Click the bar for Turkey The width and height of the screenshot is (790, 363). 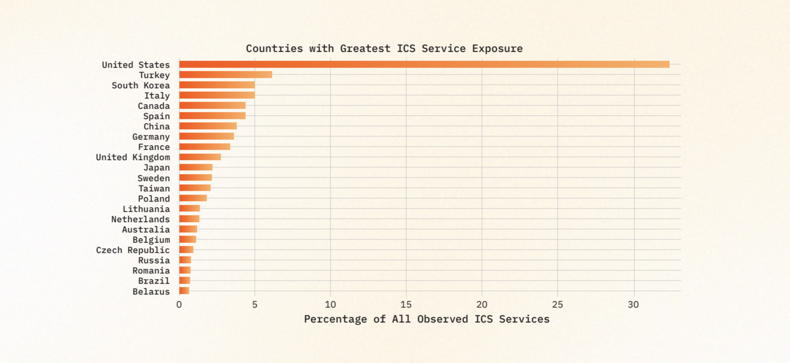pyautogui.click(x=225, y=75)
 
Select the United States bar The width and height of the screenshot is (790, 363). pyautogui.click(x=424, y=64)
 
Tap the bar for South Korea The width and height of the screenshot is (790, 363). pyautogui.click(x=217, y=85)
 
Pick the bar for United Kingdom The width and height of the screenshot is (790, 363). pyautogui.click(x=200, y=157)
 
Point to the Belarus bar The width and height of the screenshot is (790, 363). pyautogui.click(x=184, y=291)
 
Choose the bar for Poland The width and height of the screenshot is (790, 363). pyautogui.click(x=193, y=198)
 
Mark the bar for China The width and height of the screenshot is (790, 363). pyautogui.click(x=208, y=126)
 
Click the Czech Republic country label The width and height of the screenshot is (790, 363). pyautogui.click(x=133, y=250)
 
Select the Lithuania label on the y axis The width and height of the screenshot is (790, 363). pyautogui.click(x=146, y=209)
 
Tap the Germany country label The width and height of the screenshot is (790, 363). pyautogui.click(x=151, y=137)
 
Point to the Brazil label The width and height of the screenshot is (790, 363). pyautogui.click(x=153, y=281)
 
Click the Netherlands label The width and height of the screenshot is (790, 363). pyautogui.click(x=140, y=219)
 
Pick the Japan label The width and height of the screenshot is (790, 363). pyautogui.click(x=156, y=168)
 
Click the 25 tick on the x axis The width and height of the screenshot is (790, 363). pyautogui.click(x=557, y=305)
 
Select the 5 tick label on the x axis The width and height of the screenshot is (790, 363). pyautogui.click(x=255, y=305)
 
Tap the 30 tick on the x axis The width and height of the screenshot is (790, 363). pyautogui.click(x=633, y=305)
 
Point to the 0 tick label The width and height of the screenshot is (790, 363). pyautogui.click(x=179, y=305)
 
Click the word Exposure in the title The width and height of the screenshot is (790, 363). pyautogui.click(x=497, y=49)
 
